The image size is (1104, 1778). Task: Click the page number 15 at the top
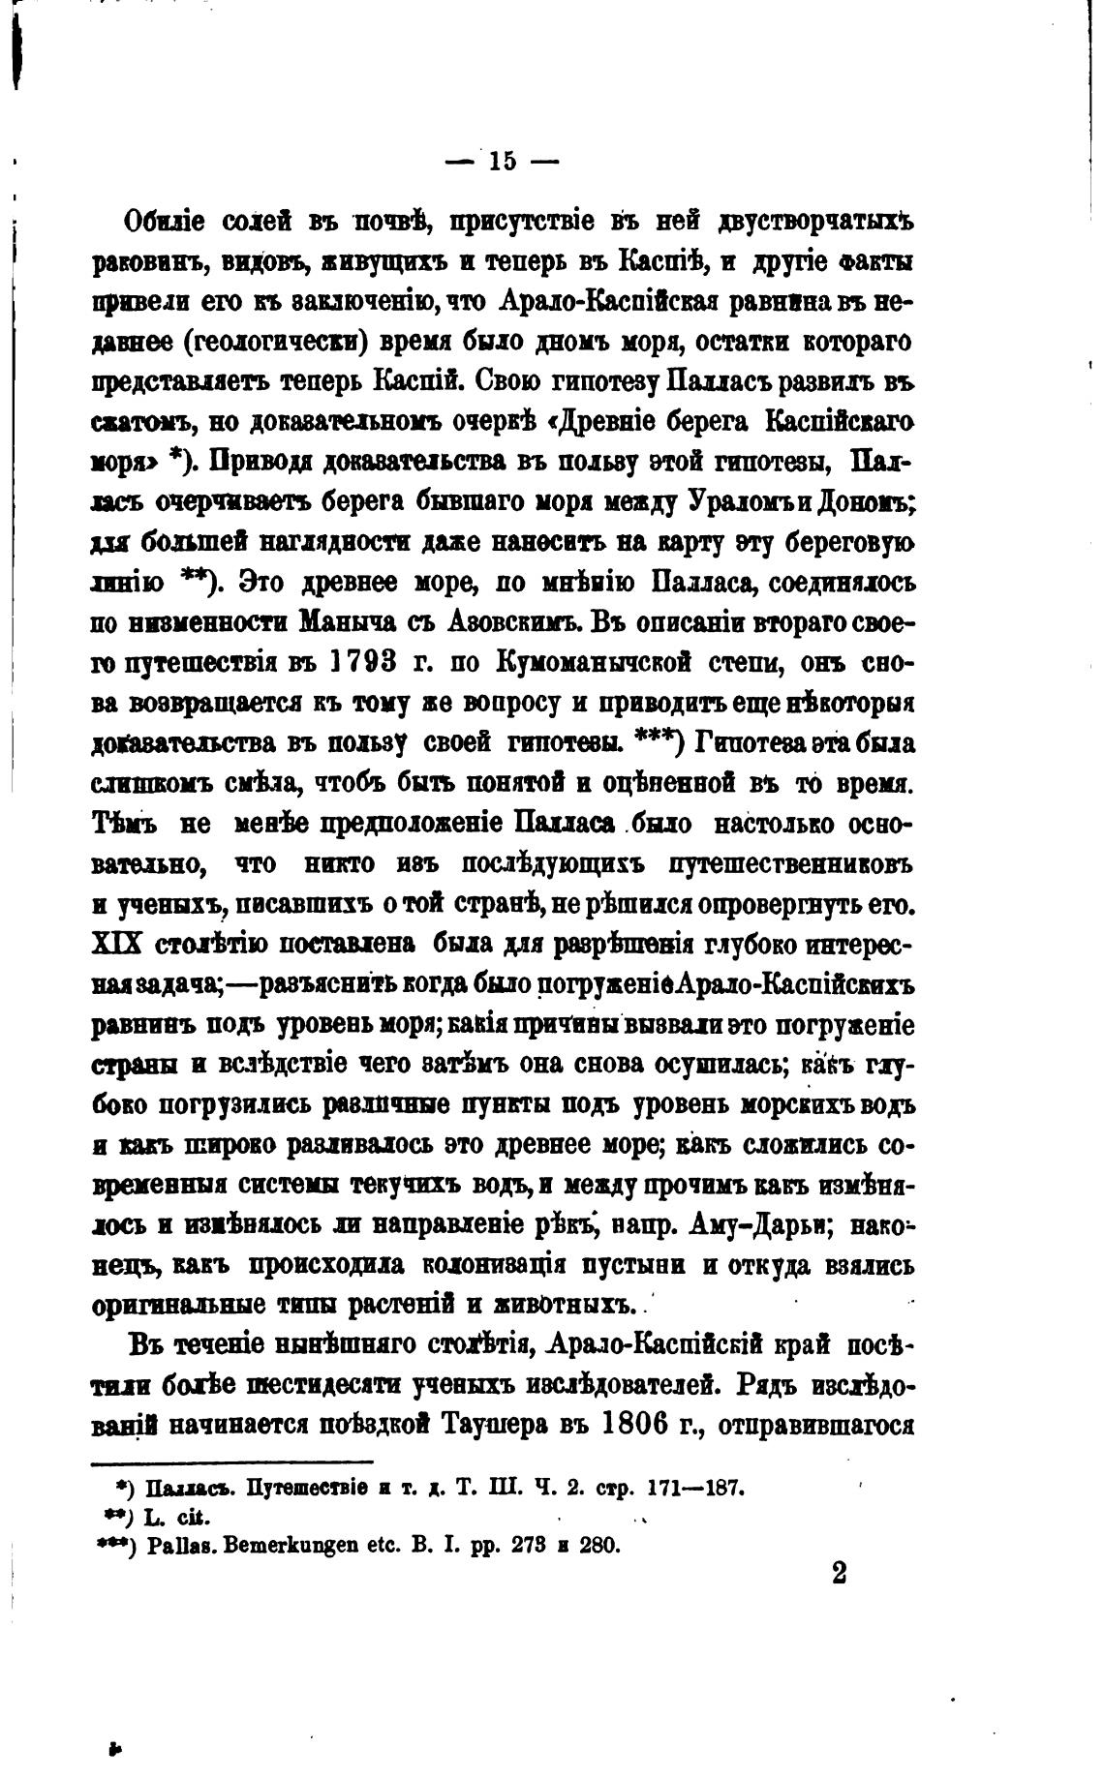coord(503,161)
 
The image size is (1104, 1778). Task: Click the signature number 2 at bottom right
coord(839,1574)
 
